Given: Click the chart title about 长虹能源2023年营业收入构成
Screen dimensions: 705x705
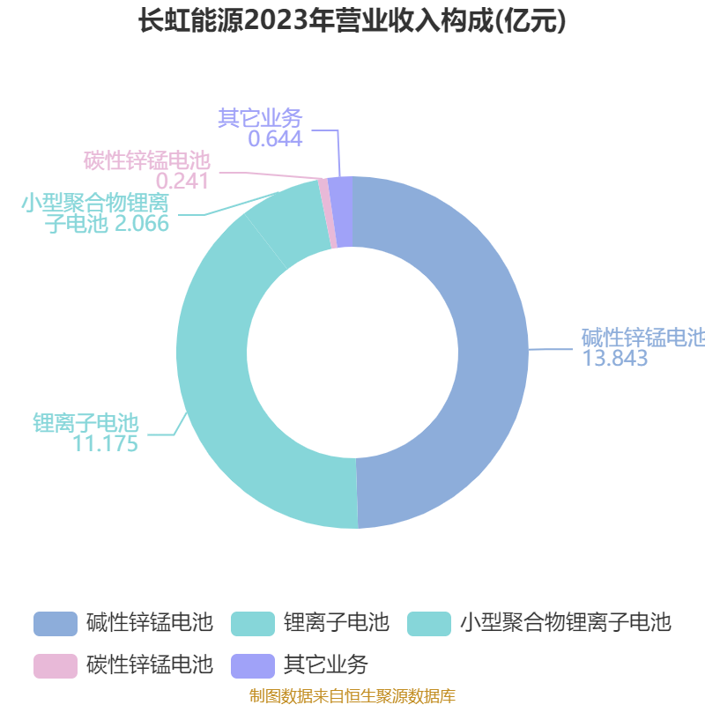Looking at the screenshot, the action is (x=352, y=20).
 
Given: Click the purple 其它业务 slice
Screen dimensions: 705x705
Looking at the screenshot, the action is (x=343, y=211).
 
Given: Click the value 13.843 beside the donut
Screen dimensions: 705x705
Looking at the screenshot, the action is (x=614, y=359).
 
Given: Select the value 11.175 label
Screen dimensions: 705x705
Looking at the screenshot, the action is (x=105, y=444).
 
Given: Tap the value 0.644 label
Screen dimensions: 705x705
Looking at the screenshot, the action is (x=275, y=139).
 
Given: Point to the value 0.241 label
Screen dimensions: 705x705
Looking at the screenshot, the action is (x=182, y=182).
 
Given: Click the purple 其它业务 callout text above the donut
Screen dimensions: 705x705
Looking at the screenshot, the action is (x=260, y=118).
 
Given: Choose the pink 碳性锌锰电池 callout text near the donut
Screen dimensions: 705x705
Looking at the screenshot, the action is (x=147, y=160).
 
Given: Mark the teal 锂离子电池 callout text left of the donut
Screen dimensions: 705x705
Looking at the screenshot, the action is (x=85, y=423).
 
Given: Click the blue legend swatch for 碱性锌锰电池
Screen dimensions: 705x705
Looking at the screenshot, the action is (x=56, y=624).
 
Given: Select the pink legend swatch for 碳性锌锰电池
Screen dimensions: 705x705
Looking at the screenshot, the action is (x=56, y=666).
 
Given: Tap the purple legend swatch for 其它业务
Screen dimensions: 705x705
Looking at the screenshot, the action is (x=253, y=666).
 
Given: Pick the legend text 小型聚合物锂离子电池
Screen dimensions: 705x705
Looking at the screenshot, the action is (x=566, y=623).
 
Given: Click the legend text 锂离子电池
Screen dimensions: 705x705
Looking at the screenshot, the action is (x=337, y=623).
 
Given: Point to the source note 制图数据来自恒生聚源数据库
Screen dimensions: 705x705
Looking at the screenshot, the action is (x=352, y=696).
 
